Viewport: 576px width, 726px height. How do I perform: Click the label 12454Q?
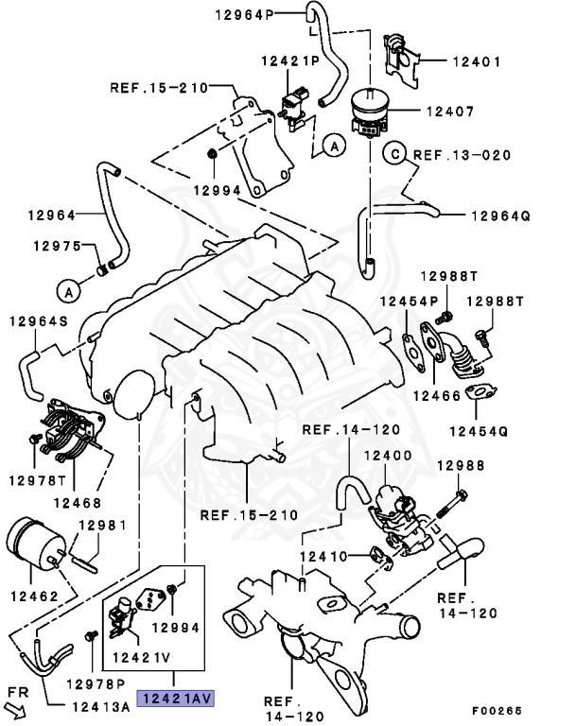pos(477,431)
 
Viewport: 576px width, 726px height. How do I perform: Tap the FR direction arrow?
pos(22,699)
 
